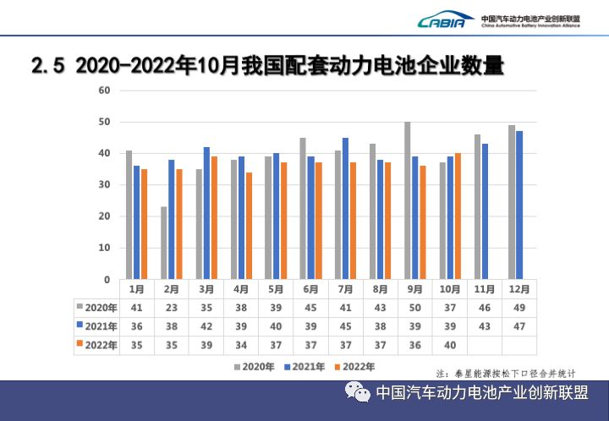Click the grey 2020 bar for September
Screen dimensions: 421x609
click(407, 200)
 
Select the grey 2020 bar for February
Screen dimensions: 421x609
click(163, 243)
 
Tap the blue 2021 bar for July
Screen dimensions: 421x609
click(345, 208)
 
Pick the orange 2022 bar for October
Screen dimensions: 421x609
click(458, 216)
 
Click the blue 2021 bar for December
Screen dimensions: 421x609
click(520, 205)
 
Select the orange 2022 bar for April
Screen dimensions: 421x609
click(250, 226)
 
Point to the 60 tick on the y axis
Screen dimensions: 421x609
click(105, 90)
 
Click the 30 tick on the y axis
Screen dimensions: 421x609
click(105, 185)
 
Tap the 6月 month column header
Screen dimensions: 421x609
click(310, 289)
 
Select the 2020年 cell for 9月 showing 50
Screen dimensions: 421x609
click(414, 307)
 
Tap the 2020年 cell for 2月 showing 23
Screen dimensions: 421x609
click(171, 307)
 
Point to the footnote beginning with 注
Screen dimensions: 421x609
click(505, 373)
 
